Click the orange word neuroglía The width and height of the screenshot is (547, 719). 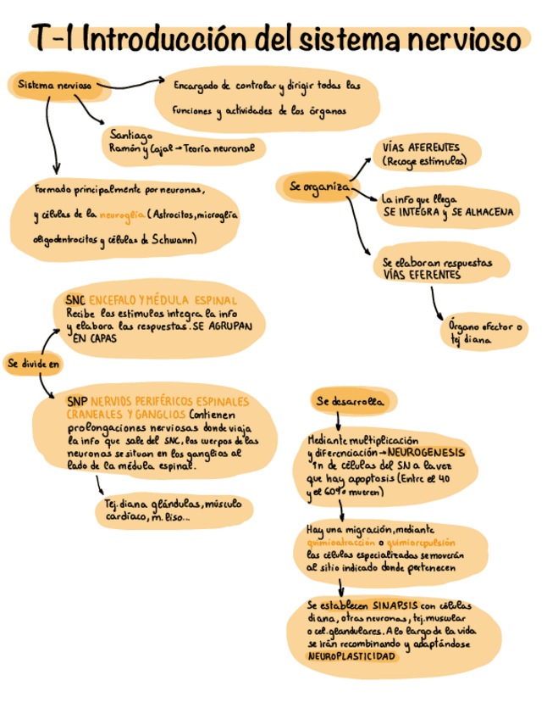[122, 215]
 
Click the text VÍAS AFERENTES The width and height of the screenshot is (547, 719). [421, 147]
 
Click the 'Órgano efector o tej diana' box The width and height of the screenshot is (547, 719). [483, 332]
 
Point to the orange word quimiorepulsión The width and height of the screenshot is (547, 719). [421, 542]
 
